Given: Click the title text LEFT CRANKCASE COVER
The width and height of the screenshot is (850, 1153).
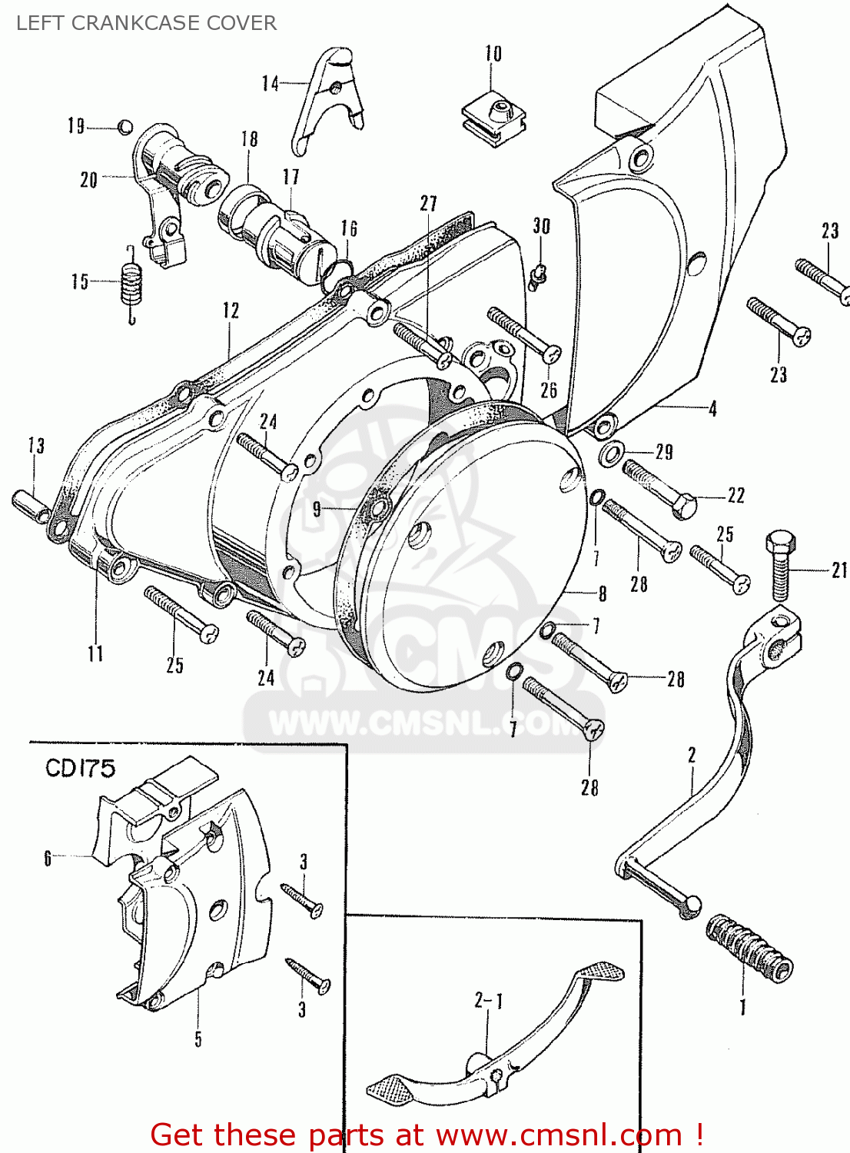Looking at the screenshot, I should pos(146,23).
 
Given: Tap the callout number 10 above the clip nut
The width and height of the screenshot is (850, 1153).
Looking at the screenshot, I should pos(493,54).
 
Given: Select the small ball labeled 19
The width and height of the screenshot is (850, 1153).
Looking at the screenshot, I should pos(125,127).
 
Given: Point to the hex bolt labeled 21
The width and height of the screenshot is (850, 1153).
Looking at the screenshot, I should pos(779,565).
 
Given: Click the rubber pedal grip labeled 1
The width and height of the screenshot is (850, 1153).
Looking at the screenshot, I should pos(749,948).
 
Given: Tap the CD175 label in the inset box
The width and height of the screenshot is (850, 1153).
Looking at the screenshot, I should pos(80,769).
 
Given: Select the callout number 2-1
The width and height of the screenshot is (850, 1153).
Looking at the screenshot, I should pos(488,1001).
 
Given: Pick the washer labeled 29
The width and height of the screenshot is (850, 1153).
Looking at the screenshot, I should pos(611,453).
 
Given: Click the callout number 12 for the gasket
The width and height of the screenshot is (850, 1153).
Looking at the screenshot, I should pos(231,311).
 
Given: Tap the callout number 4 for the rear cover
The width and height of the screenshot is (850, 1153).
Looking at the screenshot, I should pos(712,409).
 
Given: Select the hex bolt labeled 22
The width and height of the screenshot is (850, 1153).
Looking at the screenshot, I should pos(659,489).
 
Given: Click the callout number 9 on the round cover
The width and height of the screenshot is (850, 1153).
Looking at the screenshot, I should pos(317,509).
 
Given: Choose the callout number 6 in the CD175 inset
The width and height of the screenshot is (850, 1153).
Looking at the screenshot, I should pos(48,858).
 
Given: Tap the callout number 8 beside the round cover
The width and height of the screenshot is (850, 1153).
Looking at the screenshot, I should pos(603,593).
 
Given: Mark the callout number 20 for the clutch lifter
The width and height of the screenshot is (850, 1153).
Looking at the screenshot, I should pos(89,180).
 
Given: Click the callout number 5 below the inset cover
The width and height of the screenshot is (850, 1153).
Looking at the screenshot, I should pos(198,1039).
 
